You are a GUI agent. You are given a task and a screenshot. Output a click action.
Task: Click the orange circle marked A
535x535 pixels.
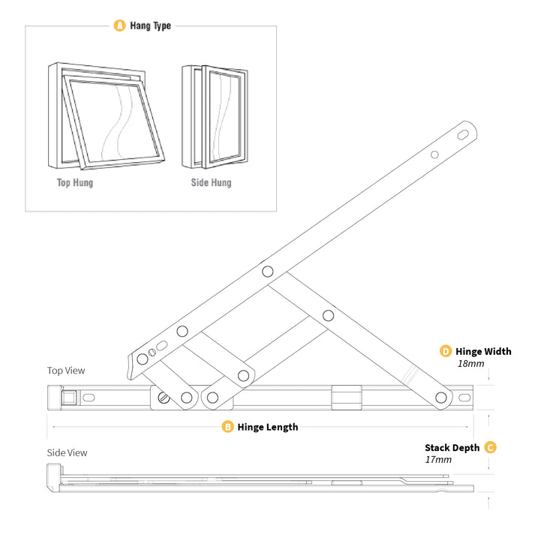[119, 26]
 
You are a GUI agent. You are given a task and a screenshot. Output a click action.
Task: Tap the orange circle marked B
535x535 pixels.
[227, 427]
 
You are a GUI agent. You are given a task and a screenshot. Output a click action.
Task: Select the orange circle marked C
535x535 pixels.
[490, 447]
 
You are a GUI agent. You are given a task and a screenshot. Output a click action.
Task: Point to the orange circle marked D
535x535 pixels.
[445, 351]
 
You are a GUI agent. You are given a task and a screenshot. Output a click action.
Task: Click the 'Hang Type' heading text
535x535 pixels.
[150, 26]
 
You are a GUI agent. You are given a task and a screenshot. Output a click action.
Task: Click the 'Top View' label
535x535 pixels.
[66, 371]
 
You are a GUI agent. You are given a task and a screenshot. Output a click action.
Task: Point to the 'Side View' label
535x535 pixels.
[67, 452]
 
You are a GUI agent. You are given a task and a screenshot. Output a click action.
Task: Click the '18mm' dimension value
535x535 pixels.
[470, 364]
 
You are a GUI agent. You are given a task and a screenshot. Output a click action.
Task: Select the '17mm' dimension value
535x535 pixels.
[438, 459]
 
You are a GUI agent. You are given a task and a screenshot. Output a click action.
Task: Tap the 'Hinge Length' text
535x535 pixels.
[268, 427]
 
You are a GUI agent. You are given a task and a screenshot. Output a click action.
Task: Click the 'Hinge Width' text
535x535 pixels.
[483, 351]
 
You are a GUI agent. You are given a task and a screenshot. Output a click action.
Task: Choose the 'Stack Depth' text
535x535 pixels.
[452, 447]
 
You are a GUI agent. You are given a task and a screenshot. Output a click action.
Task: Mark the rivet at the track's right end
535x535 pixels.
[442, 398]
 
